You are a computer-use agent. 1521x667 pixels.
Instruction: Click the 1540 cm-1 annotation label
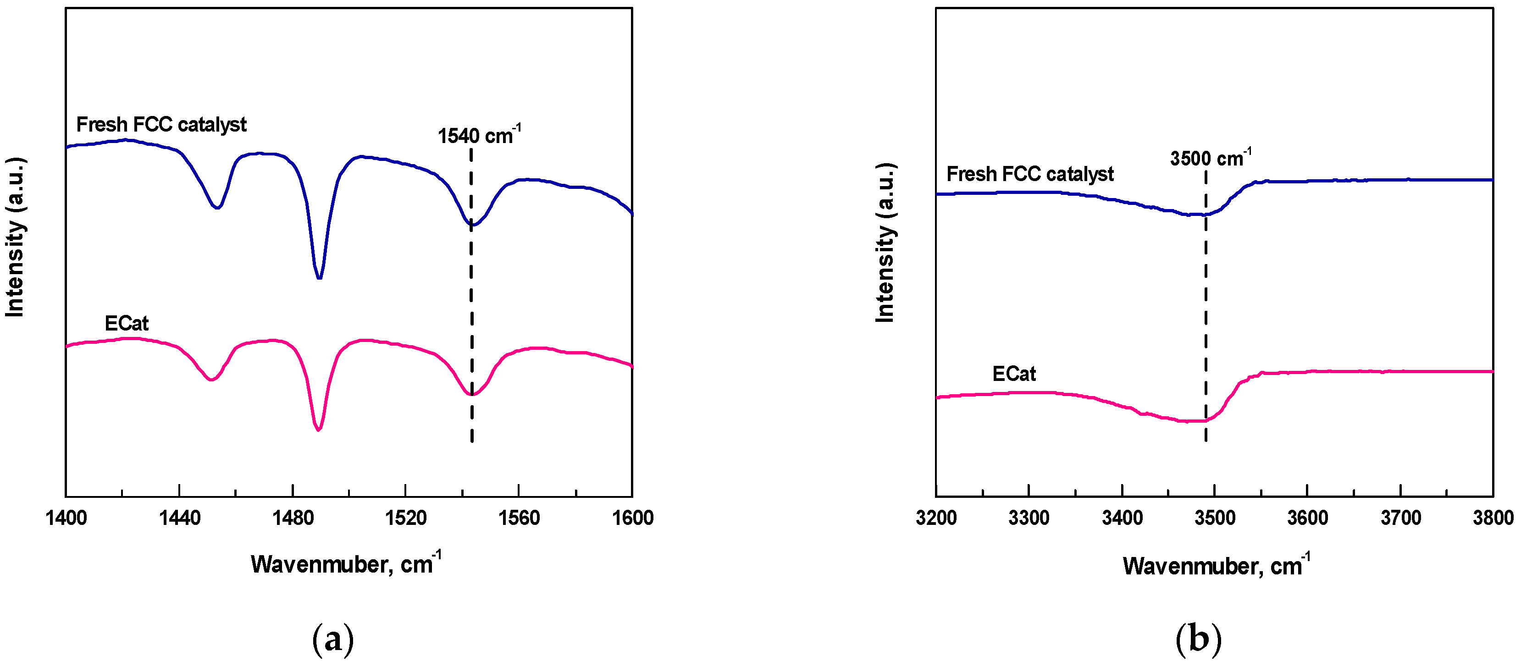pyautogui.click(x=478, y=135)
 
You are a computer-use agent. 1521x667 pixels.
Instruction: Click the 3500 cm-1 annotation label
pyautogui.click(x=1210, y=158)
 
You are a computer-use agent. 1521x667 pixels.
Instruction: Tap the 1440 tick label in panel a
pyautogui.click(x=179, y=518)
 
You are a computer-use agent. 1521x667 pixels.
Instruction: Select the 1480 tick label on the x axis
pyautogui.click(x=293, y=518)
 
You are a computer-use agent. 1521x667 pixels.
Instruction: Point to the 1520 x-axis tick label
pyautogui.click(x=406, y=518)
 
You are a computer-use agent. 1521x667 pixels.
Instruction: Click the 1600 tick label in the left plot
pyautogui.click(x=632, y=518)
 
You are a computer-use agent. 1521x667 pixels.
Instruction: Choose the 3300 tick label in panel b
pyautogui.click(x=1029, y=518)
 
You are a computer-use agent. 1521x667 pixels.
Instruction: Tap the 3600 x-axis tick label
pyautogui.click(x=1307, y=518)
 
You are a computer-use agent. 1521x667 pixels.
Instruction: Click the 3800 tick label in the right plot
pyautogui.click(x=1493, y=518)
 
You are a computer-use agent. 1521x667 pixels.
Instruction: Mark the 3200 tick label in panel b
pyautogui.click(x=936, y=518)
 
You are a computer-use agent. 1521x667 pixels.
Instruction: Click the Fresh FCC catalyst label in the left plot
pyautogui.click(x=161, y=125)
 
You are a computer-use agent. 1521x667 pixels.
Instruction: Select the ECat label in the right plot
pyautogui.click(x=1014, y=374)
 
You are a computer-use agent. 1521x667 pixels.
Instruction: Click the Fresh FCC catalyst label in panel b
pyautogui.click(x=1030, y=174)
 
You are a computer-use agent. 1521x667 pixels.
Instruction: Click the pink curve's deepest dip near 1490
pyautogui.click(x=318, y=429)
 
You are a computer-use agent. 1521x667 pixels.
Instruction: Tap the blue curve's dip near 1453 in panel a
pyautogui.click(x=217, y=207)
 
